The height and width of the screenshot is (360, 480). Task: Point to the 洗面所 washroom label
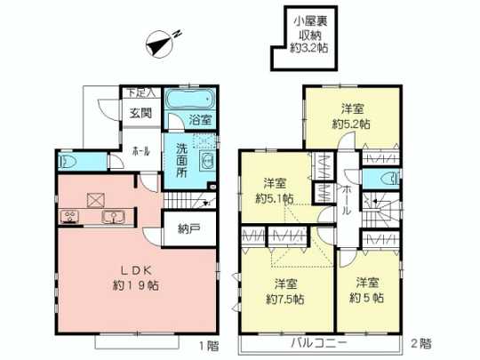pyautogui.click(x=181, y=160)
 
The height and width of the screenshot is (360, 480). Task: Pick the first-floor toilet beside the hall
pyautogui.click(x=69, y=163)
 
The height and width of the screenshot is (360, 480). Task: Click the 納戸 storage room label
pyautogui.click(x=187, y=229)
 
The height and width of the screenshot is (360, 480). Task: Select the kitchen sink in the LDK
pyautogui.click(x=113, y=218)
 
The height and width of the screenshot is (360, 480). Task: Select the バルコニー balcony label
pyautogui.click(x=317, y=342)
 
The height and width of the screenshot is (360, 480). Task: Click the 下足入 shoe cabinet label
pyautogui.click(x=138, y=92)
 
